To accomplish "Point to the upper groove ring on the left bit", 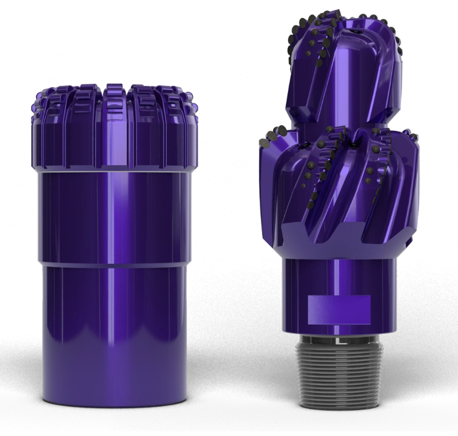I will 113,172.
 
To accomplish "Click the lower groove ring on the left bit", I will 113,264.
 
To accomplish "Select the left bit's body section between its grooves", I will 113,219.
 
